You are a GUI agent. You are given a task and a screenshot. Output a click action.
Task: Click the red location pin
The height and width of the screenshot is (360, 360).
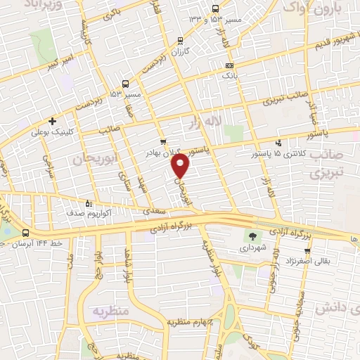click(181, 166)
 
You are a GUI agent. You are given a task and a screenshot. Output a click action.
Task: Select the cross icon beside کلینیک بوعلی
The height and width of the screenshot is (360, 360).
click(53, 121)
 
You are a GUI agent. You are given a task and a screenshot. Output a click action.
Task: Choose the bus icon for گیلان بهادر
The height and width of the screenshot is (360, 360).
click(163, 141)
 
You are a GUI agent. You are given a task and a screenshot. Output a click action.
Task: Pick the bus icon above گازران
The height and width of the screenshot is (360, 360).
click(181, 41)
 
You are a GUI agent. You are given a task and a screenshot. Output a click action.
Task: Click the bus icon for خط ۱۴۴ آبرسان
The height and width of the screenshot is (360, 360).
click(25, 233)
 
